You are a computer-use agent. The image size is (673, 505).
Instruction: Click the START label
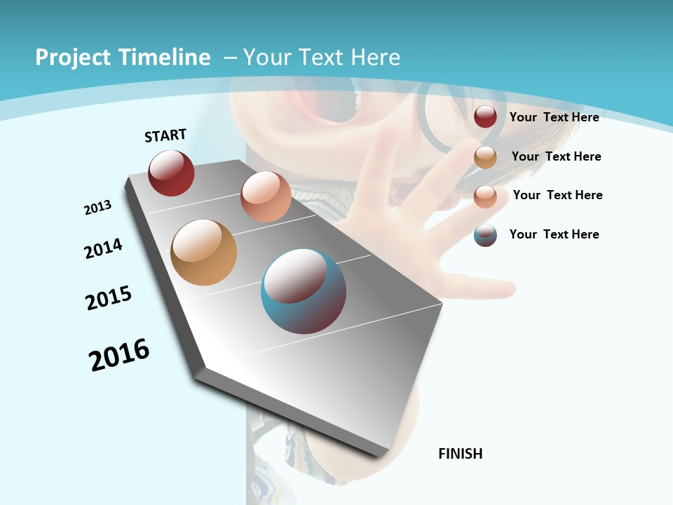(x=165, y=135)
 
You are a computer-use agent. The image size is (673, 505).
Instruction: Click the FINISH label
(x=461, y=454)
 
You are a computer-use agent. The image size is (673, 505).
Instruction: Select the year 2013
(x=98, y=208)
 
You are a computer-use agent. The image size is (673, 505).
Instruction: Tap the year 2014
(x=104, y=248)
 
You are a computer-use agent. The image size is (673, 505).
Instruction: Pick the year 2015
(x=109, y=298)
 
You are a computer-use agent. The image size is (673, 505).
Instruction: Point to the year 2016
(x=119, y=355)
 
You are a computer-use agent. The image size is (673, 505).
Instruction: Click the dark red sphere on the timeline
(x=171, y=173)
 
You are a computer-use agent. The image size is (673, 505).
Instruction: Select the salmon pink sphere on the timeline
(x=266, y=196)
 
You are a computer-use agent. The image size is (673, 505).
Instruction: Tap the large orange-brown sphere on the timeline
(x=203, y=252)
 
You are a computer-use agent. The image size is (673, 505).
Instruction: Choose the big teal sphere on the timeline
(x=304, y=291)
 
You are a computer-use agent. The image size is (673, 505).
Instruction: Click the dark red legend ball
(x=485, y=117)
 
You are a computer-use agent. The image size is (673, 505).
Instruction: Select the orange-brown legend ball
(x=485, y=157)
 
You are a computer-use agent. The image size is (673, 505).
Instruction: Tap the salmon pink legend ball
(x=485, y=196)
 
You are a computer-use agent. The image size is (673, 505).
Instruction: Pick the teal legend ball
(x=485, y=235)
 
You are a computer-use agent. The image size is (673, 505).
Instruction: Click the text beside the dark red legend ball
(x=554, y=117)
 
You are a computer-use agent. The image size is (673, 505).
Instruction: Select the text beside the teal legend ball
(x=554, y=234)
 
